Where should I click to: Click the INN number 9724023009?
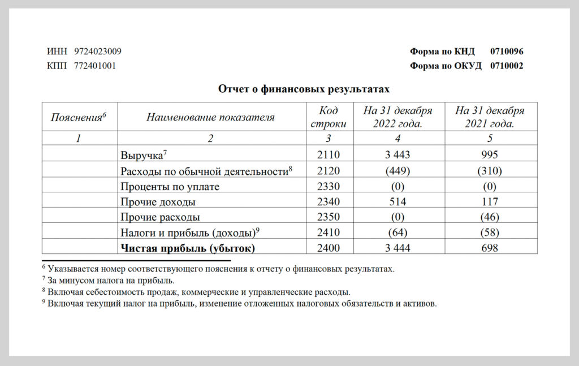pyautogui.click(x=98, y=51)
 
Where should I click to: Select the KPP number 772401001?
pyautogui.click(x=95, y=66)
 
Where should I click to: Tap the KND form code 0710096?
pyautogui.click(x=507, y=51)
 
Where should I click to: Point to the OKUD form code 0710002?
pyautogui.click(x=507, y=66)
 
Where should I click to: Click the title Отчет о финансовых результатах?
pyautogui.click(x=304, y=89)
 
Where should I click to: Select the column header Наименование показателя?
pyautogui.click(x=210, y=117)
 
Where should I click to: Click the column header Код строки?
pyautogui.click(x=329, y=117)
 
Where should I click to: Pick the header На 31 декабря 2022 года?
pyautogui.click(x=398, y=117)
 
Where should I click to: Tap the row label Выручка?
pyautogui.click(x=141, y=155)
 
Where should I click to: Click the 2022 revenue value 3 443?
pyautogui.click(x=398, y=155)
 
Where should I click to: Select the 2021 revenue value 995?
pyautogui.click(x=490, y=155)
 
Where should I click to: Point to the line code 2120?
pyautogui.click(x=329, y=170)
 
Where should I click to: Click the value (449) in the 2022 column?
pyautogui.click(x=398, y=170)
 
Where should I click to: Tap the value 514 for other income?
pyautogui.click(x=398, y=201)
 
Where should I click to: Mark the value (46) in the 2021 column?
pyautogui.click(x=490, y=217)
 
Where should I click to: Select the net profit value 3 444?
pyautogui.click(x=398, y=247)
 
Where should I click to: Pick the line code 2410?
pyautogui.click(x=329, y=232)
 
